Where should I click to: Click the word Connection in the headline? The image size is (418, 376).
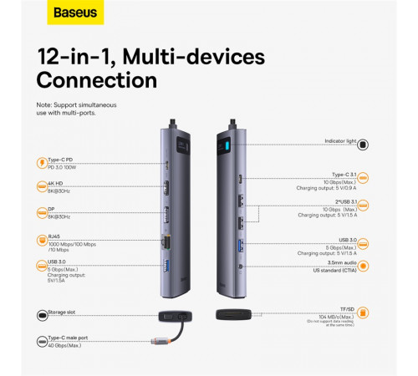tap(97, 80)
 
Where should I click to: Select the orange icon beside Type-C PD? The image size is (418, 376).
tap(42, 163)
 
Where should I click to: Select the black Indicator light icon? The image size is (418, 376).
tap(363, 144)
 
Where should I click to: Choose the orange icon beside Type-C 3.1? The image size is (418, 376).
tap(363, 178)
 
